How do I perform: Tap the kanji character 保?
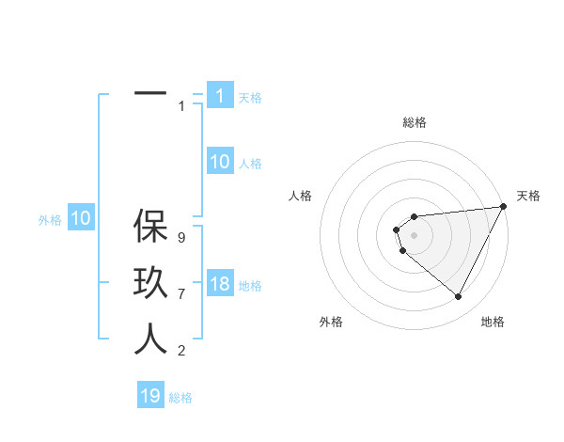click(x=150, y=227)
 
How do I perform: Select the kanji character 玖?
click(x=150, y=284)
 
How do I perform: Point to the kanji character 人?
click(x=150, y=339)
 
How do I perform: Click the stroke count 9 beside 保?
click(x=181, y=238)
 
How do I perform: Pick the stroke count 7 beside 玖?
click(x=181, y=294)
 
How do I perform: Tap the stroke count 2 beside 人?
click(x=181, y=351)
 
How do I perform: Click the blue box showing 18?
click(x=220, y=284)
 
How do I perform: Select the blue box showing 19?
click(x=150, y=396)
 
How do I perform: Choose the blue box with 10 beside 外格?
click(x=81, y=219)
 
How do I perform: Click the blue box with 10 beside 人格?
click(x=220, y=162)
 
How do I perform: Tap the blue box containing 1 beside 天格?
click(x=220, y=96)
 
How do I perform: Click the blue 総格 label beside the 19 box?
click(x=180, y=398)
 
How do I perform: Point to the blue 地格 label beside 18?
click(x=250, y=286)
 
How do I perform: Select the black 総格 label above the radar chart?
click(x=415, y=122)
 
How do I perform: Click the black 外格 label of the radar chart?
click(x=331, y=322)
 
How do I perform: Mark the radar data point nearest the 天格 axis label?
click(x=505, y=206)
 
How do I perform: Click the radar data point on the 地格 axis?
click(x=459, y=297)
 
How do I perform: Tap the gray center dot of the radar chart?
click(x=415, y=234)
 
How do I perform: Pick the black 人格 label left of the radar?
click(x=301, y=196)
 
